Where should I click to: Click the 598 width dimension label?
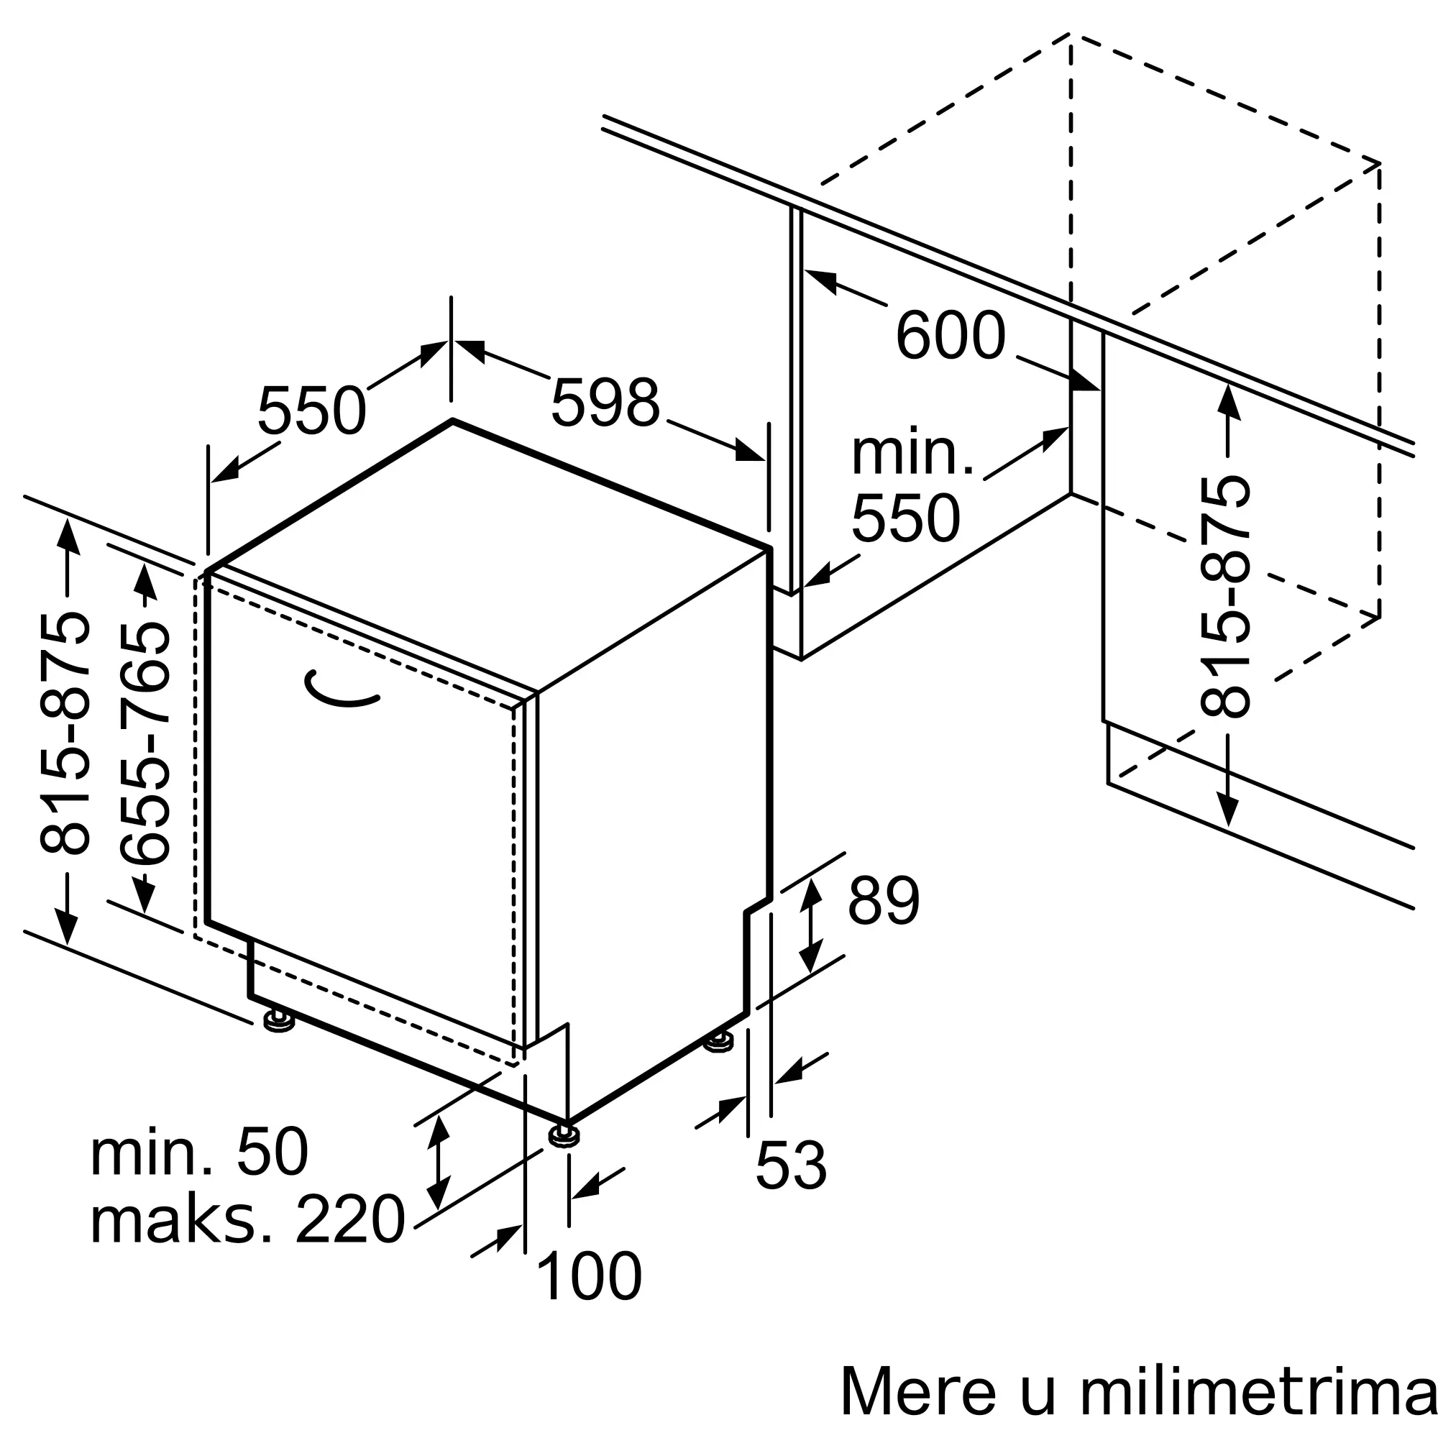(605, 402)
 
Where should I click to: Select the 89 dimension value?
(884, 902)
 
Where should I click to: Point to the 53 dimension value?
(790, 1165)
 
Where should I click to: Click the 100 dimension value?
(588, 1276)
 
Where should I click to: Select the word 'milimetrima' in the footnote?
(1258, 1391)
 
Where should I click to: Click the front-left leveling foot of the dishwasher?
(278, 1021)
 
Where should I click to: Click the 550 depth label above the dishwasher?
(312, 410)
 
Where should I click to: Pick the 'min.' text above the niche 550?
(912, 452)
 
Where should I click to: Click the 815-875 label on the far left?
(65, 733)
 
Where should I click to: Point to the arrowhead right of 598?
(748, 451)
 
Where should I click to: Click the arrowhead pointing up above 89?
(811, 892)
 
